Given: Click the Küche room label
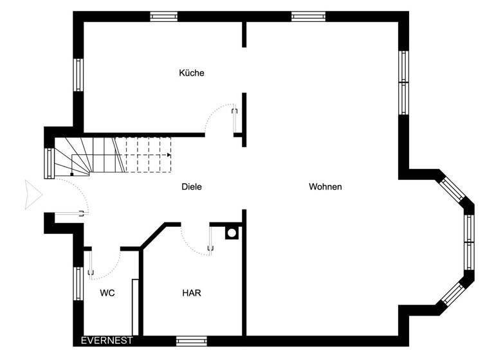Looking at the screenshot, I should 191,73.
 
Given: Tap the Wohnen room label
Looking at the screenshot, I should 325,187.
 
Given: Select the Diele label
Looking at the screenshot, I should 192,187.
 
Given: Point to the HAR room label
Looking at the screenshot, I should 192,292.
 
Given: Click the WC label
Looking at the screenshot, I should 107,292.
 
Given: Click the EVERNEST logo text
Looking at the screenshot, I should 107,341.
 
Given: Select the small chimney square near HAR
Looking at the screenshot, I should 232,233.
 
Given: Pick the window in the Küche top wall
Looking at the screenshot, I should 163,17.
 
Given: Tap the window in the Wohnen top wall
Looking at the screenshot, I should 308,17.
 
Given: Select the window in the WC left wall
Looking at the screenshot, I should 78,283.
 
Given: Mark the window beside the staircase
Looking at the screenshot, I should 49,163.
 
